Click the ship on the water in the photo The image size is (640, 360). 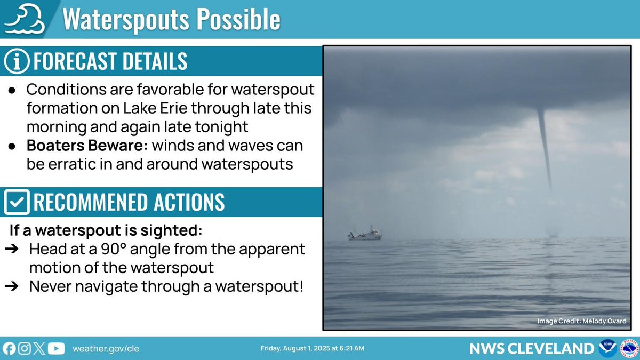point(365,234)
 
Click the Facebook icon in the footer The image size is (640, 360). point(9,349)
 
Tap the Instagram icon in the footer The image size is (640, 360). point(24,349)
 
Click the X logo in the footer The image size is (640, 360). point(39,349)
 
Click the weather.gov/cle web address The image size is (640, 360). point(106,349)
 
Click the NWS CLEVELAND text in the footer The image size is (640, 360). point(531,349)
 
